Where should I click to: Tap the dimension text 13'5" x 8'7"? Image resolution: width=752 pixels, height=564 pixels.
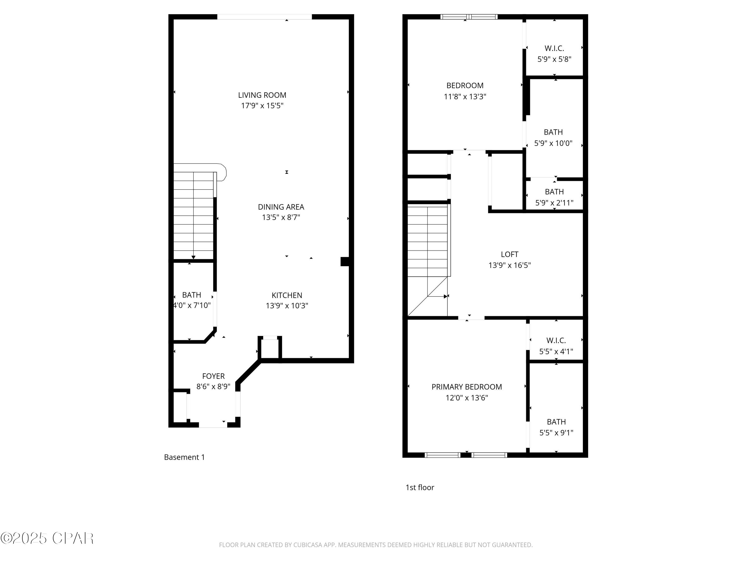coord(281,217)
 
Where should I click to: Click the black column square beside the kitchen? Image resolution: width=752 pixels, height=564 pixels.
coord(345,261)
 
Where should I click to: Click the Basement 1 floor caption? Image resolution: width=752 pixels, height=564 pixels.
coord(184,457)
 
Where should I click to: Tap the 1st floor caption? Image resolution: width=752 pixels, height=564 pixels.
coord(420,488)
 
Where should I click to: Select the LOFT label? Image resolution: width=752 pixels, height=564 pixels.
coord(509,254)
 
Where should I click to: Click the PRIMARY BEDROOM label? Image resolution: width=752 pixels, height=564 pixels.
coord(466,387)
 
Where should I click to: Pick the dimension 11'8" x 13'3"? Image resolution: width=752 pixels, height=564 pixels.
coord(465,97)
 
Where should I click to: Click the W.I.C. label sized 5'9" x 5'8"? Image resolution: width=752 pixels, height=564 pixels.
coord(554,48)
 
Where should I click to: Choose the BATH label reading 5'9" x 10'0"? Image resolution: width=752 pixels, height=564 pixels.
coord(553,132)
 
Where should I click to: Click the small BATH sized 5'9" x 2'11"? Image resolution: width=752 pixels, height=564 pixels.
coord(554,192)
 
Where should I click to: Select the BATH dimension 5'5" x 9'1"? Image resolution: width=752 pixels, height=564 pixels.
coord(556,433)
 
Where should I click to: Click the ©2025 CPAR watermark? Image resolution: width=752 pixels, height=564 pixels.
coord(47,538)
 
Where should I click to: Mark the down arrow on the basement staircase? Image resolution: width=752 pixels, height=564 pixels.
coord(194,257)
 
